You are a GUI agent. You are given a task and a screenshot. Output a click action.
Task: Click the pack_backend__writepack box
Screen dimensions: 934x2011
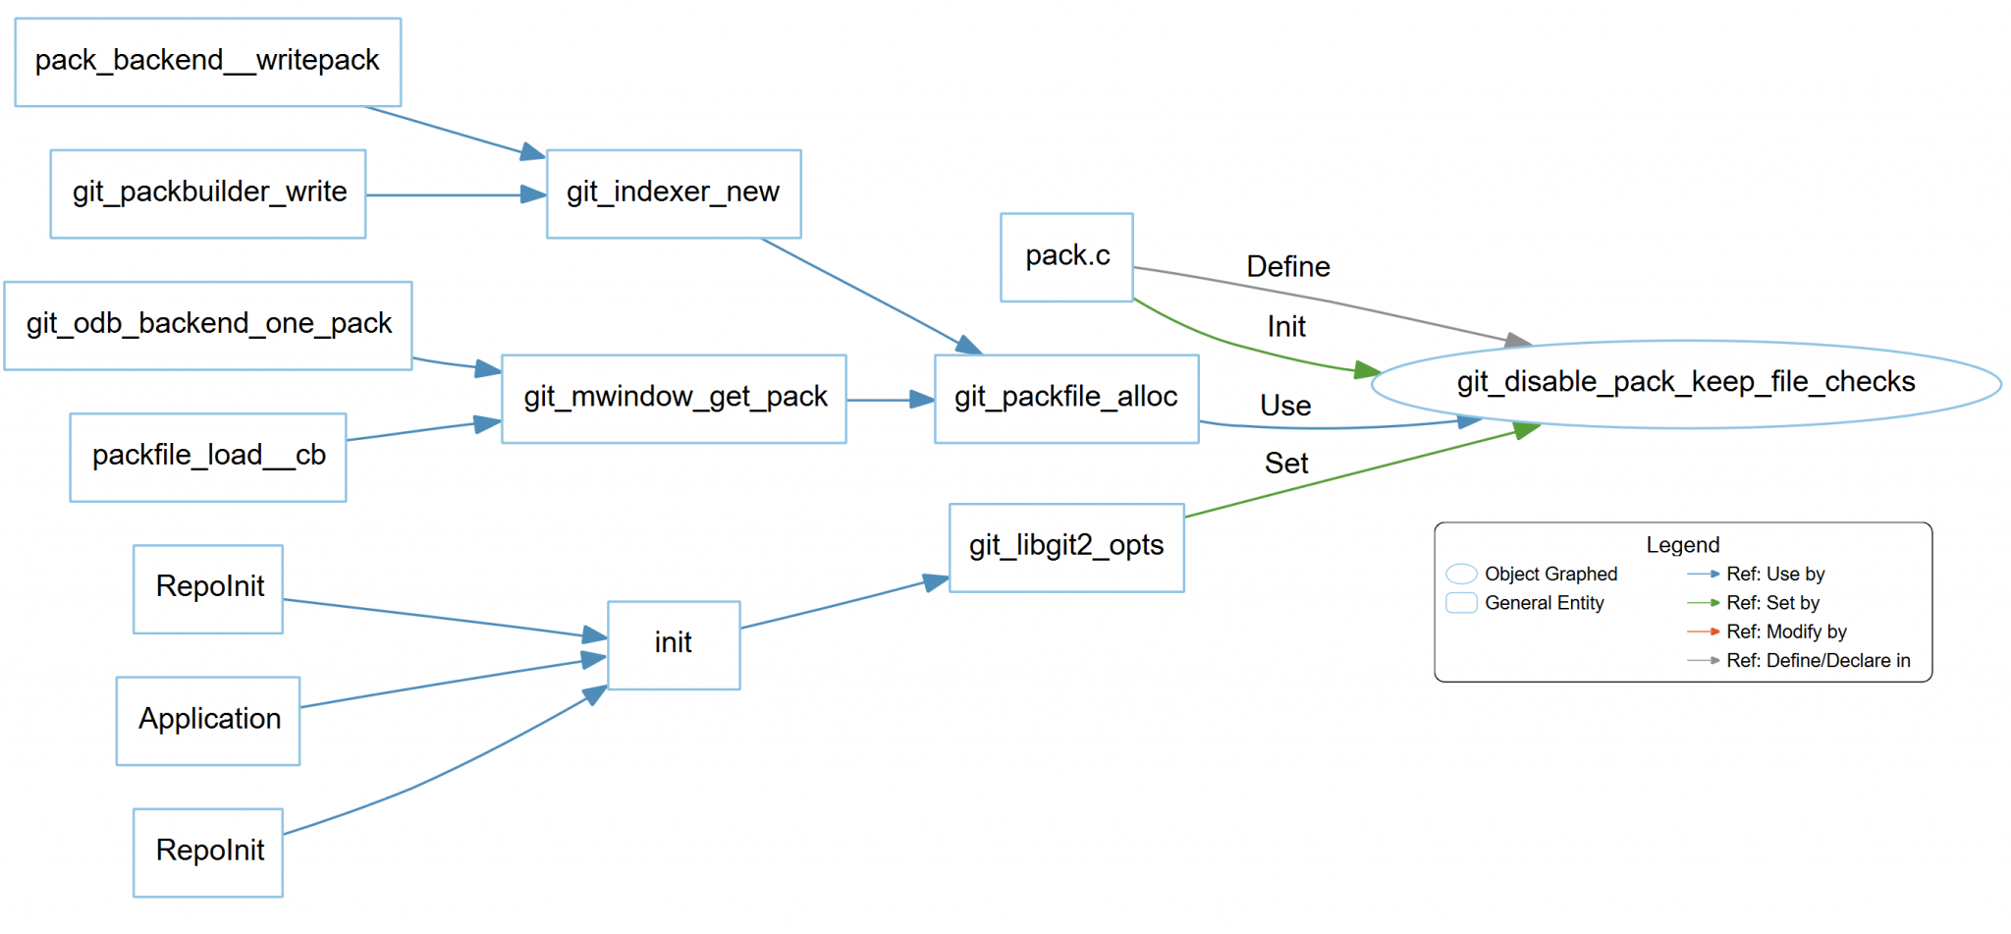[207, 61]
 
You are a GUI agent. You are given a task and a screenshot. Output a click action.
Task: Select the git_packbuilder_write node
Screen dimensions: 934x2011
[208, 193]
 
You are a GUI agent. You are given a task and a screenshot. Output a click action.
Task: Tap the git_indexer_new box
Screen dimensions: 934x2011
[674, 193]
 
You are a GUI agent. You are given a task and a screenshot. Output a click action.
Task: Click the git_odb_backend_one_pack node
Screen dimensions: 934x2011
[208, 325]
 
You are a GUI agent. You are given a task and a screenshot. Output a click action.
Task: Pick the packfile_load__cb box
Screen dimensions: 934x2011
[208, 457]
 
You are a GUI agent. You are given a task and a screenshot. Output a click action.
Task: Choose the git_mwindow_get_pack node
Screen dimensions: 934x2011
[674, 399]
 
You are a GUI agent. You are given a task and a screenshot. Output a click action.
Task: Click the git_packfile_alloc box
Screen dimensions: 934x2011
[1066, 399]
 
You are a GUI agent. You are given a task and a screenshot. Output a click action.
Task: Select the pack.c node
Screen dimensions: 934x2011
[1066, 257]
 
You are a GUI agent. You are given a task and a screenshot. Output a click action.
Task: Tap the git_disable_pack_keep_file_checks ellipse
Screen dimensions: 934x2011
[1685, 383]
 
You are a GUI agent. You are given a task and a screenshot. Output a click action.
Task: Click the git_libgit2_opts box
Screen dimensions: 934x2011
[1066, 547]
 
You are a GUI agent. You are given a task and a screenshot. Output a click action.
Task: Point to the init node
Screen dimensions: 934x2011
[674, 644]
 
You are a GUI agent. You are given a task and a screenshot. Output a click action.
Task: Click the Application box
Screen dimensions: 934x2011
[208, 720]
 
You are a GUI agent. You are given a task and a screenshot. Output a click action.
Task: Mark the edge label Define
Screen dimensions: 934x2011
[1287, 267]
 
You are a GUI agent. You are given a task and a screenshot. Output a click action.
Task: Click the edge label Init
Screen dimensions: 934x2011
[1285, 327]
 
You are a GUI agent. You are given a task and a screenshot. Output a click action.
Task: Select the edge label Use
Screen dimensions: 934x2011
[1284, 406]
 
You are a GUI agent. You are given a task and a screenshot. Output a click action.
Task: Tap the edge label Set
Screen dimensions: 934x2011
[1285, 464]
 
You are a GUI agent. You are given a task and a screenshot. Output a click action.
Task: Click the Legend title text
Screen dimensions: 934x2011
[1682, 545]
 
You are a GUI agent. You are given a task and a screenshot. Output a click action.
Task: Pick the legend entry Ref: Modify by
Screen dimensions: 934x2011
[1785, 632]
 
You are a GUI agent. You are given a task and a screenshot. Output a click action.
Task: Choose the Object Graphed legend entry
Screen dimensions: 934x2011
[1549, 574]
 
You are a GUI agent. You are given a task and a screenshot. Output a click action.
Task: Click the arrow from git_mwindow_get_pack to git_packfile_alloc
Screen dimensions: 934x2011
[890, 400]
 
